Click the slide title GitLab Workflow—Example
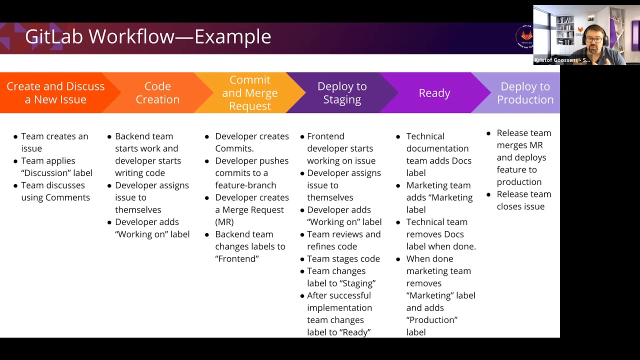[148, 37]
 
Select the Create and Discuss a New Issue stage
[55, 93]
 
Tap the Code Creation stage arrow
[157, 93]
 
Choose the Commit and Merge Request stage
[249, 93]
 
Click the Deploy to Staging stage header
[342, 93]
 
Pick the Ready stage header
[434, 93]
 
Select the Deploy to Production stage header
[524, 93]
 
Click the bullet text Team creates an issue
[54, 142]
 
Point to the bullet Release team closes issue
[523, 200]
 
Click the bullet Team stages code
[343, 258]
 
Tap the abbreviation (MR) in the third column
[224, 221]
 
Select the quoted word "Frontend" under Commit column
[236, 258]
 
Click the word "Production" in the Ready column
[431, 320]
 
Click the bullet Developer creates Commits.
[251, 142]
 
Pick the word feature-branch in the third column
[245, 185]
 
